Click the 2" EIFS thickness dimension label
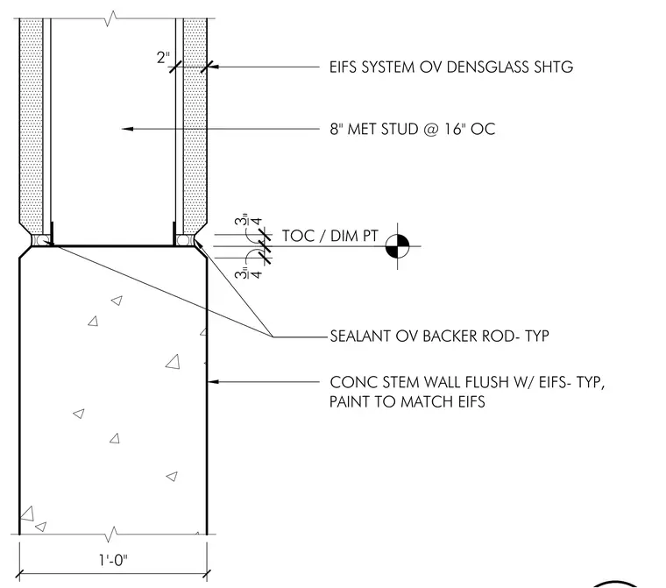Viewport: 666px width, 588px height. click(x=163, y=57)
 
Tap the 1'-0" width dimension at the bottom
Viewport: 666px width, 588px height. click(x=113, y=560)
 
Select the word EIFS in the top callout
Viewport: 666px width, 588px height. click(x=344, y=67)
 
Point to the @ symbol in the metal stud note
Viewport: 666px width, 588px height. click(x=431, y=129)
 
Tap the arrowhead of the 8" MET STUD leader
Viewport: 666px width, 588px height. click(x=127, y=129)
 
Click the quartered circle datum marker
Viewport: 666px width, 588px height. click(x=398, y=246)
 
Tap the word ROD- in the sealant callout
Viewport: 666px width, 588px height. click(x=501, y=336)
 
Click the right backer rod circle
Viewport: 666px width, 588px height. click(x=182, y=240)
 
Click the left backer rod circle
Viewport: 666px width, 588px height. click(x=42, y=240)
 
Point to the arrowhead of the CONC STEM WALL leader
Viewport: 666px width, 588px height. click(x=213, y=382)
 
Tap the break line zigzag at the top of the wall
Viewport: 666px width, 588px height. click(x=111, y=18)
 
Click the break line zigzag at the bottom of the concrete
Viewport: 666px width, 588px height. click(x=112, y=534)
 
